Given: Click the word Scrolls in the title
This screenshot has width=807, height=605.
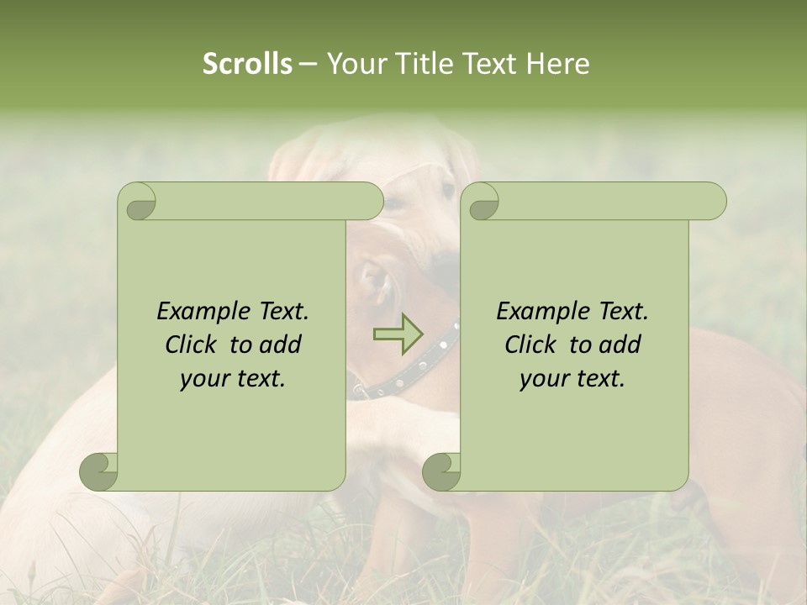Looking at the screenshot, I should pos(247,64).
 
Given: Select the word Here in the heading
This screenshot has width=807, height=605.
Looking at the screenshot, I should pos(557,64).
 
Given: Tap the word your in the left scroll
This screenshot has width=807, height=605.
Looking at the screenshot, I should pos(204,379).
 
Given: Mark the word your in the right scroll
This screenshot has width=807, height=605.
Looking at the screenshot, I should pos(544,379).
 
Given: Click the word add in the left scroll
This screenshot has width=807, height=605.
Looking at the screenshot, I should pos(282,345).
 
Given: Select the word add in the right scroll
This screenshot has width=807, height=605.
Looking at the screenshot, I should pos(621,345).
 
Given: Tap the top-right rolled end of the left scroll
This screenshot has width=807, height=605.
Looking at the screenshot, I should pos(370,201).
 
